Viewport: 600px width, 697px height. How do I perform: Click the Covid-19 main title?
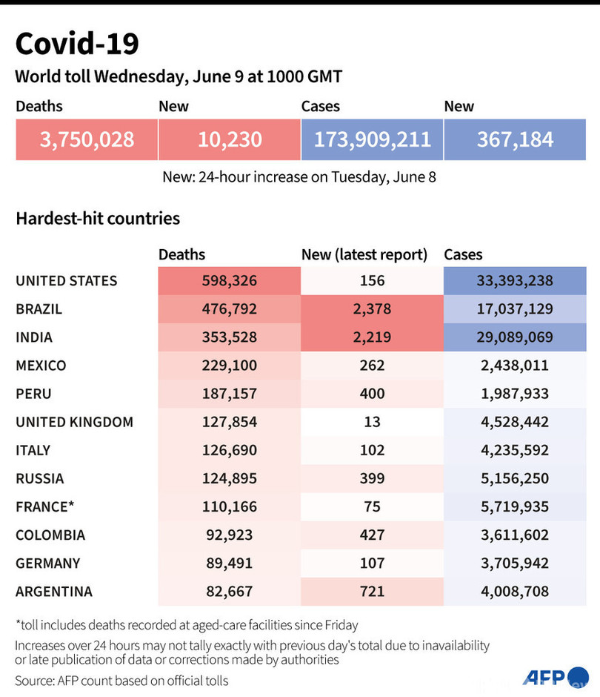pos(77,44)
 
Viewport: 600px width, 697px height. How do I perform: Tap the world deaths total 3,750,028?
pos(87,139)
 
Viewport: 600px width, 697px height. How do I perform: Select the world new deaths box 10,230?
pos(229,139)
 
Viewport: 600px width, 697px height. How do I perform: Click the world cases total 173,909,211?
pos(372,139)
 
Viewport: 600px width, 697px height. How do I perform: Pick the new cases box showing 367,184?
pos(515,139)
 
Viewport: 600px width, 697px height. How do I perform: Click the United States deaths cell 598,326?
pos(229,281)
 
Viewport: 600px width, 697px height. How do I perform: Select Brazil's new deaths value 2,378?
pos(372,309)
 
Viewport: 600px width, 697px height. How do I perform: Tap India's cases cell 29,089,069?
pos(515,337)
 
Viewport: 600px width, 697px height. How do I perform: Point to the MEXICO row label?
pos(41,366)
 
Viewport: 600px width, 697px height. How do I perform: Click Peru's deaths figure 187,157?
pos(229,394)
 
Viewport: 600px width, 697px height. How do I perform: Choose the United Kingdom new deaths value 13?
pos(372,422)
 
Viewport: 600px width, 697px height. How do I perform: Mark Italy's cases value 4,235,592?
pos(515,450)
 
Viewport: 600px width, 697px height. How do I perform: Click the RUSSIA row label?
pos(39,478)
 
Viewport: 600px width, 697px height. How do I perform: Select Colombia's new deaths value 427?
pos(372,535)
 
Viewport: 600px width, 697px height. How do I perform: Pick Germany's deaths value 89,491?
pos(229,563)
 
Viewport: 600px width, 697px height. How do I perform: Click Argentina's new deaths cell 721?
pos(372,591)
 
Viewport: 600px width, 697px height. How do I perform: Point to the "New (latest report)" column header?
pos(364,254)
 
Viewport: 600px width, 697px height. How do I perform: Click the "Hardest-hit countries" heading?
pos(98,219)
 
